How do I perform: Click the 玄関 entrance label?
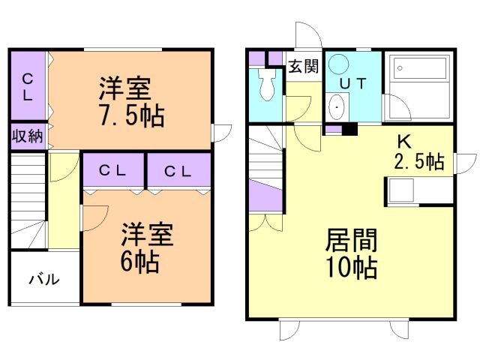tap(303, 66)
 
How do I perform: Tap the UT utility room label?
tap(353, 83)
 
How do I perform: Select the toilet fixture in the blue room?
tap(267, 84)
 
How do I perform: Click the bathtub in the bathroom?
tap(419, 67)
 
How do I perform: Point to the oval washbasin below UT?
tap(337, 106)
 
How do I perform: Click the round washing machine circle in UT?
tap(338, 64)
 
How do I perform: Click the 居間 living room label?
tap(351, 241)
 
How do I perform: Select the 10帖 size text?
tap(351, 267)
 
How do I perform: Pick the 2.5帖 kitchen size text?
tap(419, 161)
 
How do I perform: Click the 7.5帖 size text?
tap(132, 115)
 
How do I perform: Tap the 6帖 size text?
tap(139, 262)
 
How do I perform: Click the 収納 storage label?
tap(28, 136)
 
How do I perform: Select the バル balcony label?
tap(45, 280)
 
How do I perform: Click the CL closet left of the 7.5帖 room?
tap(28, 85)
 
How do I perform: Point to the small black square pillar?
tap(349, 129)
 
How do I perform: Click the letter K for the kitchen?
tap(403, 141)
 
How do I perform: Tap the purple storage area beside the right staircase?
tap(265, 195)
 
